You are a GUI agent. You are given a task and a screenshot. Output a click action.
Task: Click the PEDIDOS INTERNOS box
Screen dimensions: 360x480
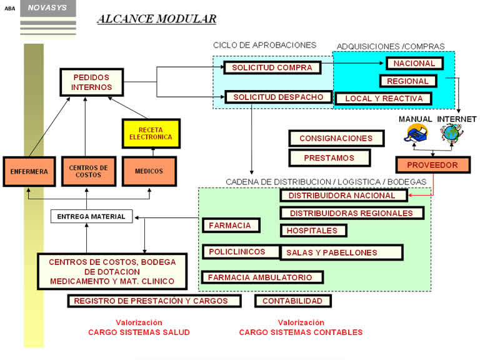coord(91,82)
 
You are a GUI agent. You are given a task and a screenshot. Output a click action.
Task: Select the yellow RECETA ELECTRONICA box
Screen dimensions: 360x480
coord(150,133)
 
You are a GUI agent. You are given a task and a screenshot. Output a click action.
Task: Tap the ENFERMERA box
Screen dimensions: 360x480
coord(29,171)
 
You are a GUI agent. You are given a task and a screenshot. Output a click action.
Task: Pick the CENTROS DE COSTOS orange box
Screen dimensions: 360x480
coord(88,171)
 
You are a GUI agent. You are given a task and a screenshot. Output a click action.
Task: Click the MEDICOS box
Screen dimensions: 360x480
coord(149,171)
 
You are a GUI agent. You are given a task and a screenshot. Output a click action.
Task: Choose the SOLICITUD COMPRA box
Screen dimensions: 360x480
coord(272,67)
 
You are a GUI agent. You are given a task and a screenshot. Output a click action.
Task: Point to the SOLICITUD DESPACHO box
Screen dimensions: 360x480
coord(278,97)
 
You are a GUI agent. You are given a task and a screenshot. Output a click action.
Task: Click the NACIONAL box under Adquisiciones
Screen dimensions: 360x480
coord(414,63)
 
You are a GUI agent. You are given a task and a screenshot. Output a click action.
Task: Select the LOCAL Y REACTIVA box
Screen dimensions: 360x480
coord(384,99)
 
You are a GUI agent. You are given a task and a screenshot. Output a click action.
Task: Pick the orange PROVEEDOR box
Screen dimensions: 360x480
coord(432,166)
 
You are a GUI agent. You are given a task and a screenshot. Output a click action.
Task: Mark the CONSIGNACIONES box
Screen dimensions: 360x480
coord(336,139)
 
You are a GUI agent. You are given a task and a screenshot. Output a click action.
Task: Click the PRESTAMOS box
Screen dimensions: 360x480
coord(329,158)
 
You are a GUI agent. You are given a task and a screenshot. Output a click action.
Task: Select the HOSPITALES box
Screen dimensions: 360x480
coord(312,231)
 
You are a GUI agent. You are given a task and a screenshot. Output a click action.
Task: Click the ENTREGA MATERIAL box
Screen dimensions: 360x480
coord(91,217)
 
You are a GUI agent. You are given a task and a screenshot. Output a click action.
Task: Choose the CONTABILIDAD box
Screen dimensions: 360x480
coord(292,301)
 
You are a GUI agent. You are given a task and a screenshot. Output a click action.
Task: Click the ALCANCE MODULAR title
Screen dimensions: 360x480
coord(157,19)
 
